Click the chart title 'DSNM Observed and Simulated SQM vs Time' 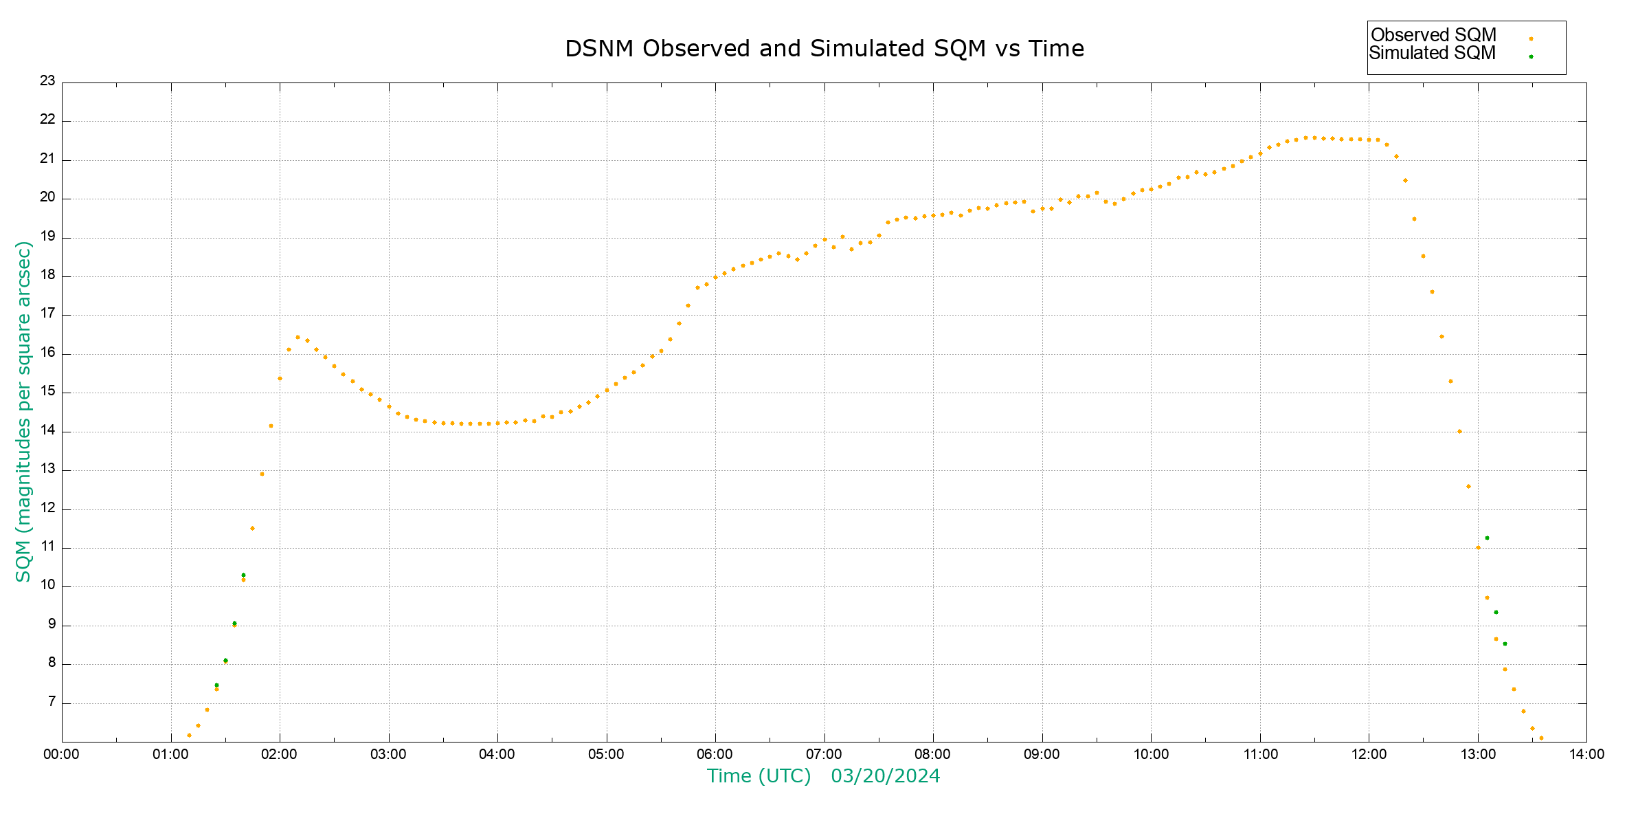pos(824,49)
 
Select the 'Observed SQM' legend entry pos(1433,35)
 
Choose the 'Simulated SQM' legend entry pos(1432,53)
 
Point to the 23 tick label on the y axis pos(47,81)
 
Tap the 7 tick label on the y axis pos(52,702)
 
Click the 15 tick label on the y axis pos(47,391)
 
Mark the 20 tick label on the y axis pos(47,197)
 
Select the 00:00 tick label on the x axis pos(62,754)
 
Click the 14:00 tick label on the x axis pos(1586,754)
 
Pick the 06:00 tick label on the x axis pos(715,754)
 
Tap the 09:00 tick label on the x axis pos(1042,754)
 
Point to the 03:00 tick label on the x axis pos(389,754)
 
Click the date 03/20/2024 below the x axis pos(885,776)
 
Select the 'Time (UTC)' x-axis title pos(759,776)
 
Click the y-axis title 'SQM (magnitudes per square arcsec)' pos(23,411)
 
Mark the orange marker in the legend pos(1531,38)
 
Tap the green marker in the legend pos(1531,56)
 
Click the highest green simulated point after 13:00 pos(1487,538)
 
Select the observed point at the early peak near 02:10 pos(298,337)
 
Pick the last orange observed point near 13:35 pos(1541,738)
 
